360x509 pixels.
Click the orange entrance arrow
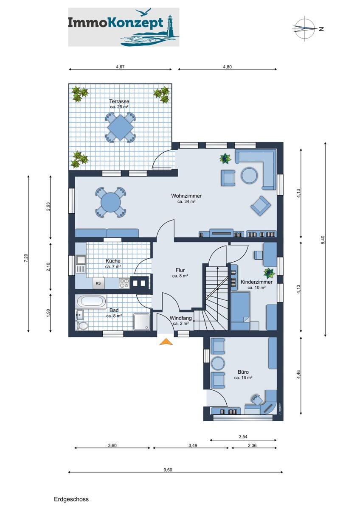tap(166, 342)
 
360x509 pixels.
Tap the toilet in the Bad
tap(81, 326)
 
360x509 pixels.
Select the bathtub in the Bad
tap(92, 302)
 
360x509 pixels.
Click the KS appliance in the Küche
tap(98, 283)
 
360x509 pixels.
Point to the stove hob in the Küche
tap(124, 283)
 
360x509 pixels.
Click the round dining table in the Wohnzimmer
tap(110, 202)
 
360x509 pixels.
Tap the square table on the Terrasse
tap(120, 127)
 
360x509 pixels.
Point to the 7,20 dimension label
tap(26, 258)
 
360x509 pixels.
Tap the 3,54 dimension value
tap(243, 436)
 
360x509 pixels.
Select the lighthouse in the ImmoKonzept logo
tap(170, 25)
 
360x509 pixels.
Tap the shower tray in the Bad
tap(142, 322)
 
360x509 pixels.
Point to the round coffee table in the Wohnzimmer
tap(249, 176)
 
